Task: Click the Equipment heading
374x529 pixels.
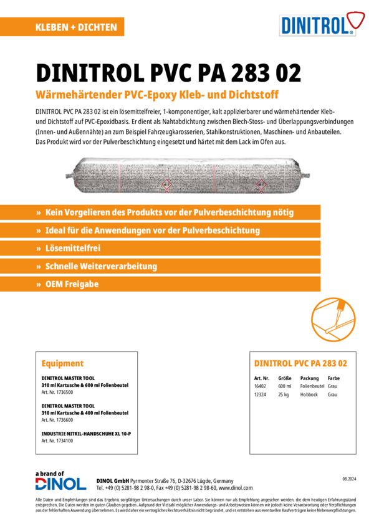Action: point(62,363)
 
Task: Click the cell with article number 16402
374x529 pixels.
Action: point(261,386)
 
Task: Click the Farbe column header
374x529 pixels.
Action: point(333,378)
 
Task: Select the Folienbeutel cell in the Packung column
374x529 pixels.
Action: point(312,386)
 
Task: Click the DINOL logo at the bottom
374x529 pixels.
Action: point(60,483)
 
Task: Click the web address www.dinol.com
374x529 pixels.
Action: point(236,488)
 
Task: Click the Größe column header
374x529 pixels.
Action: point(285,378)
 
